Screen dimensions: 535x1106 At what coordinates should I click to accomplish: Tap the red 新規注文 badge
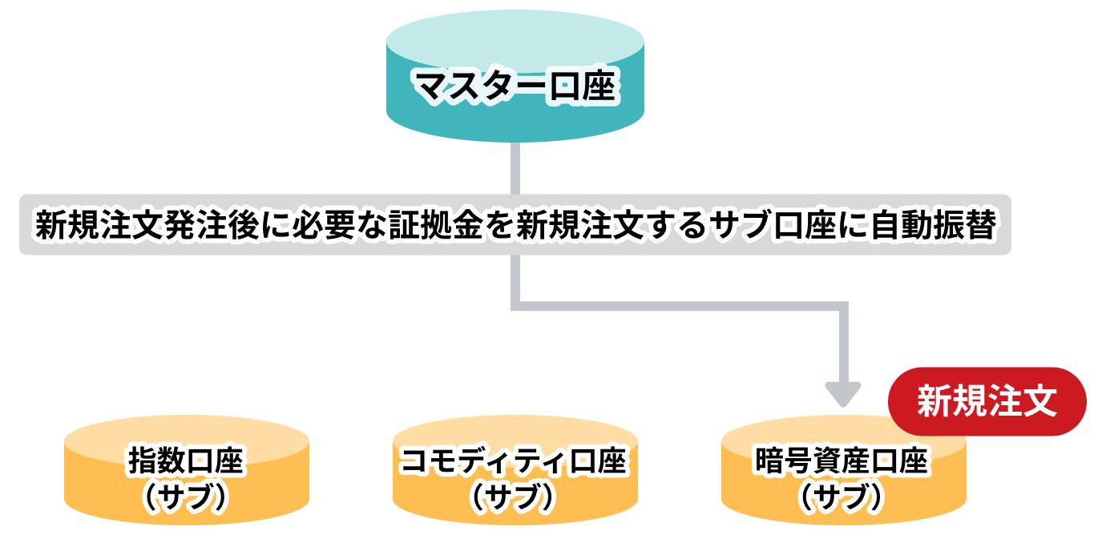(987, 401)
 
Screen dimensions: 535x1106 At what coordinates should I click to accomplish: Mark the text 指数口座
(186, 462)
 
